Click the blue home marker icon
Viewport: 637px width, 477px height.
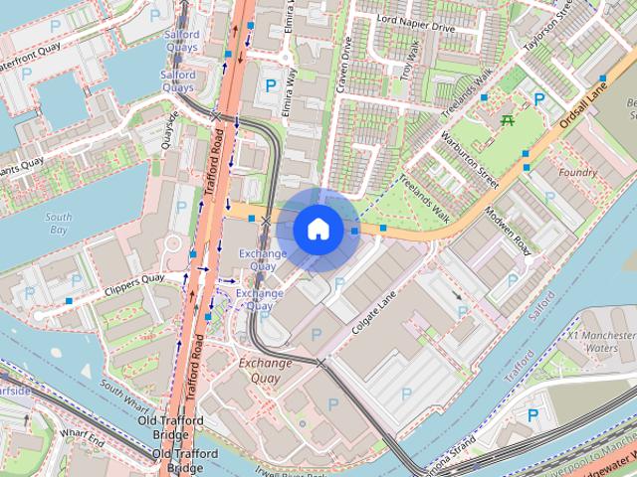tap(317, 229)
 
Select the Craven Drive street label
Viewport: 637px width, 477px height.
tap(345, 66)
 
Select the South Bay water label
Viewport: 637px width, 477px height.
tap(59, 223)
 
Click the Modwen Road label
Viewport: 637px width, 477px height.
tap(508, 230)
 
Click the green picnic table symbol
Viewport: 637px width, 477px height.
tap(509, 120)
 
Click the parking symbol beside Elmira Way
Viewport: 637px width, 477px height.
tap(270, 86)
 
